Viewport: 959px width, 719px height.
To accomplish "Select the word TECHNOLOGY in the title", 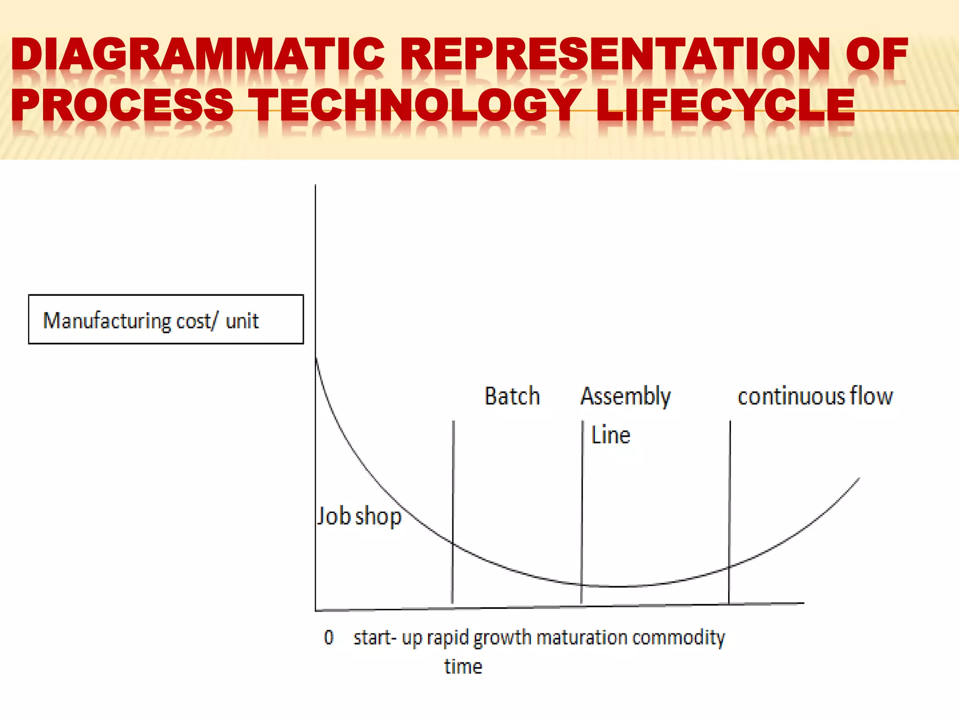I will pyautogui.click(x=414, y=105).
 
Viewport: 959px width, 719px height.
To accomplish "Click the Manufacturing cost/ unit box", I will pyautogui.click(x=166, y=320).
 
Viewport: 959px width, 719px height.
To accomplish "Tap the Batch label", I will pyautogui.click(x=512, y=396).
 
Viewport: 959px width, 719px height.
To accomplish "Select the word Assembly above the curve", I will pyautogui.click(x=626, y=396).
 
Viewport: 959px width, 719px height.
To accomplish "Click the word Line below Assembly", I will pyautogui.click(x=610, y=435).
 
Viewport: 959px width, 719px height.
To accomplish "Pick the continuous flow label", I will pyautogui.click(x=815, y=396).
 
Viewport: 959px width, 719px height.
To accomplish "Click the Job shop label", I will pyautogui.click(x=360, y=516).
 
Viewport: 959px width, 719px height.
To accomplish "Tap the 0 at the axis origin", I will pyautogui.click(x=329, y=637).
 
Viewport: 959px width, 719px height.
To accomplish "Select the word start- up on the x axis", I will pyautogui.click(x=388, y=638).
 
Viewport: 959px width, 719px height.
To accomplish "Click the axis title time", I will pyautogui.click(x=463, y=667).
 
